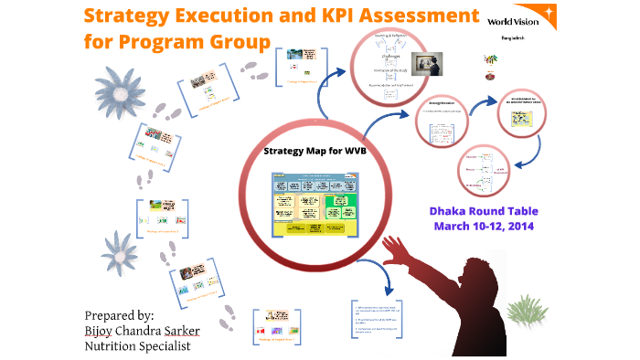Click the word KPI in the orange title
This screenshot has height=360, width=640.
[325, 16]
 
